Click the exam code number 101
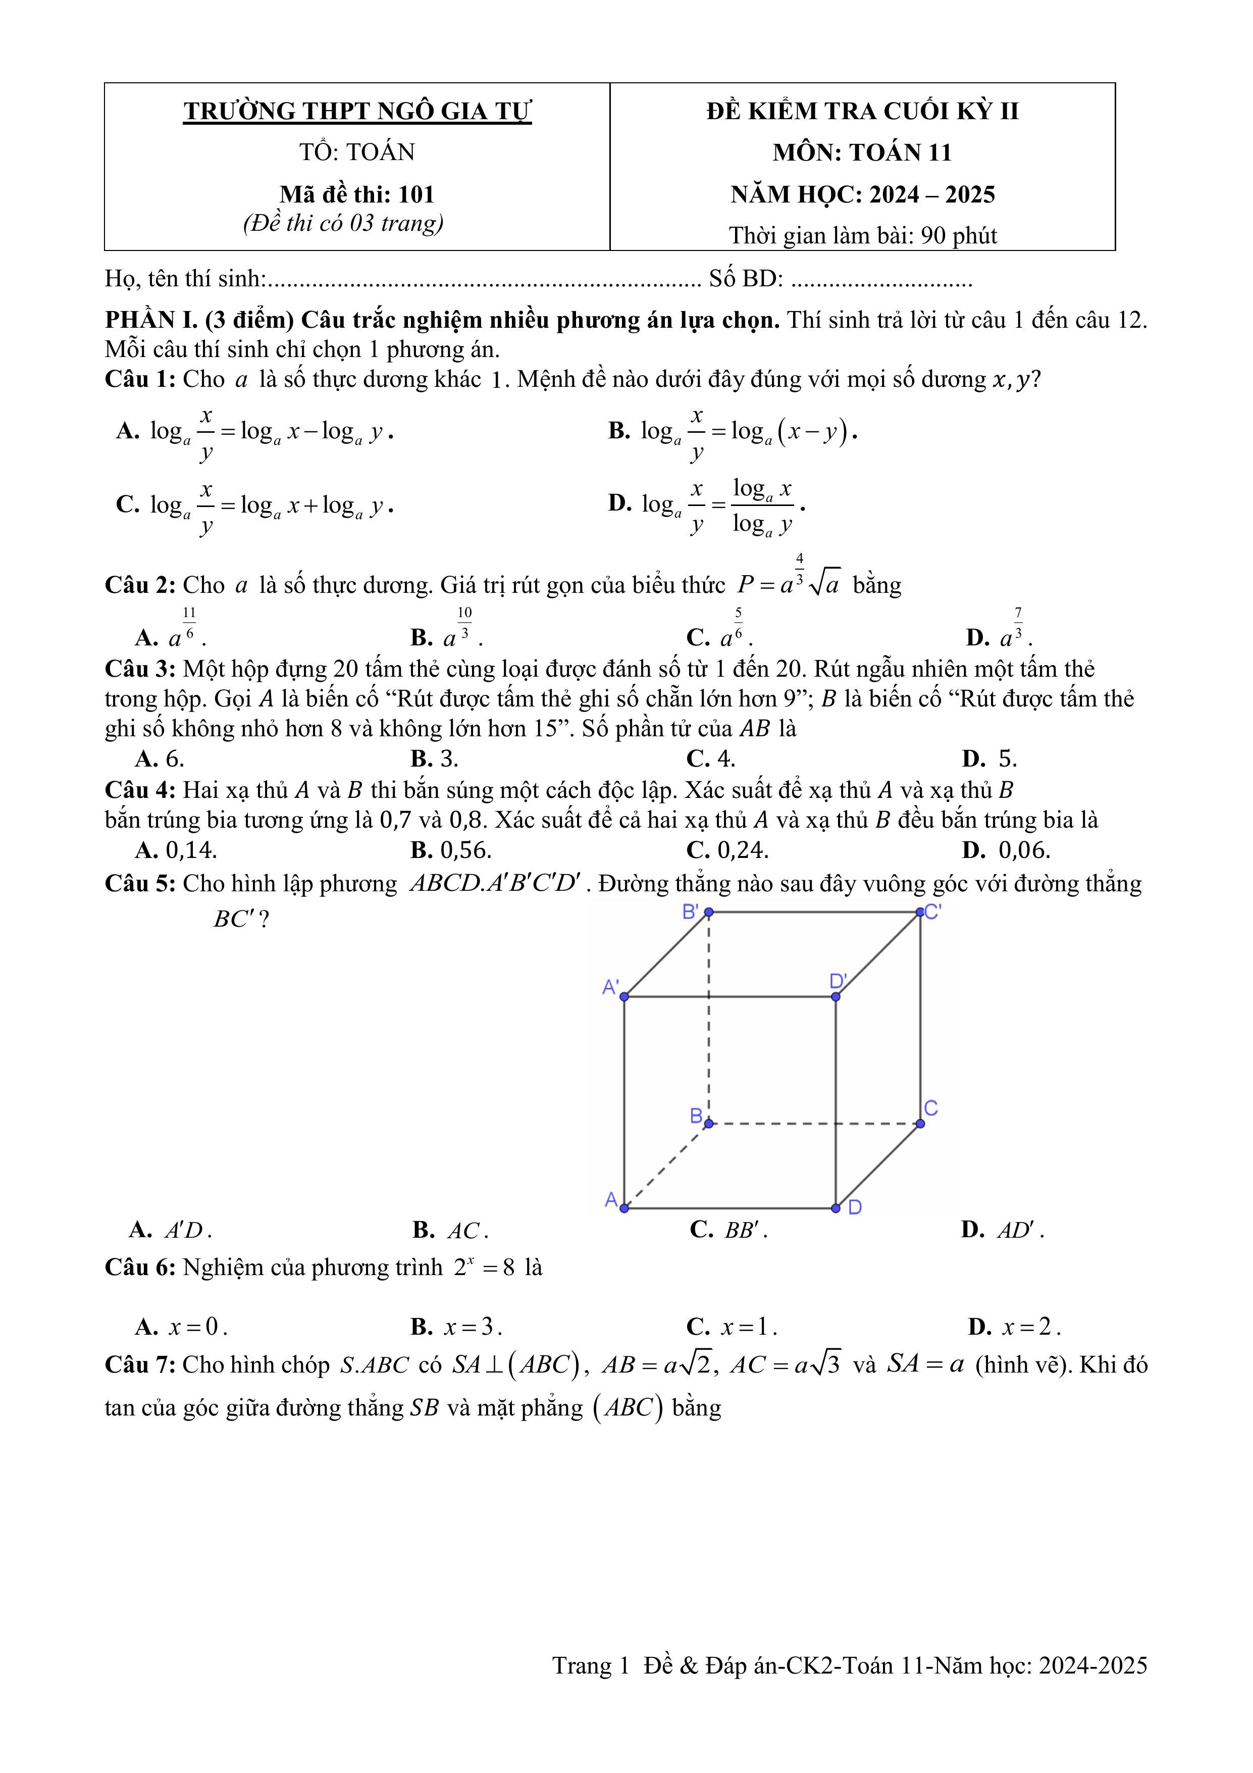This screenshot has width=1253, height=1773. [416, 194]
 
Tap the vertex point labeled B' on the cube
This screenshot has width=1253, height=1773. [709, 912]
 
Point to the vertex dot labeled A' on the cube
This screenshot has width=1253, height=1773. [624, 997]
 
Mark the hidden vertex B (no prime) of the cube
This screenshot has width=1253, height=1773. [709, 1124]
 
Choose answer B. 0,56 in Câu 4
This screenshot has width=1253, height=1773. [451, 850]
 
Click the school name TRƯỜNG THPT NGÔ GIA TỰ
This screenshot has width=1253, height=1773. [357, 111]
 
